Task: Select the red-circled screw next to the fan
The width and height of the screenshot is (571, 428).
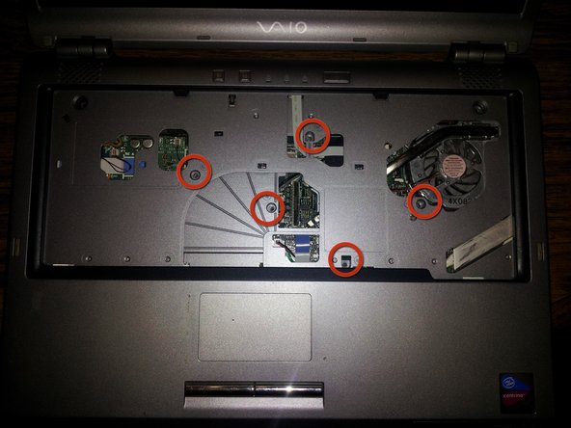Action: (x=422, y=201)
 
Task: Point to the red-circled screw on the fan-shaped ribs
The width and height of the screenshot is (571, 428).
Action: (x=269, y=206)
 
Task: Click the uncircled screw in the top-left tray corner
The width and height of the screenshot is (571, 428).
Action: (x=81, y=102)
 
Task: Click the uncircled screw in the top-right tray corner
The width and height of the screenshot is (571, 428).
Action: (x=479, y=109)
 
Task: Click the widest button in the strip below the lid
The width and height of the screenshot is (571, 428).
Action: (x=337, y=76)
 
